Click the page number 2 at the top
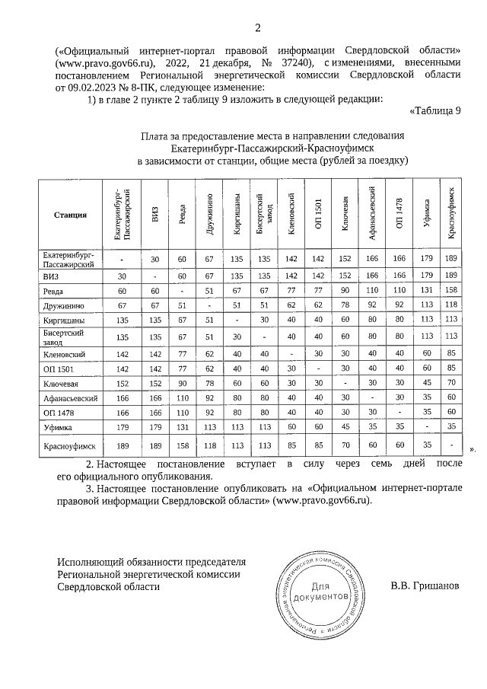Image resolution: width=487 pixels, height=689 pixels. [x=257, y=29]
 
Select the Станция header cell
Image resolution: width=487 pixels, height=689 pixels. [x=69, y=216]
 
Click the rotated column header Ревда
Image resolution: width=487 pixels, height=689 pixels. [x=183, y=216]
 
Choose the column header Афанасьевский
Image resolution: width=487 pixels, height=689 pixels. [x=373, y=216]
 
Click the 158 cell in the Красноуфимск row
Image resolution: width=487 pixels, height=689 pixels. [x=183, y=449]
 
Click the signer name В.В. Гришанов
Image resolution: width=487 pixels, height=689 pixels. [x=425, y=587]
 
